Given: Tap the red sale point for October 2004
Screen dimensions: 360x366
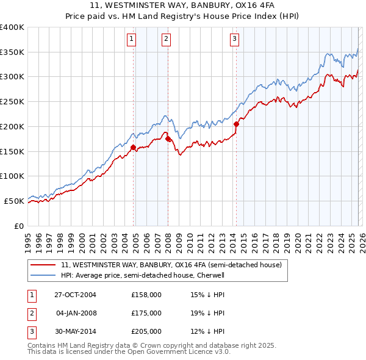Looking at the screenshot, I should point(133,146).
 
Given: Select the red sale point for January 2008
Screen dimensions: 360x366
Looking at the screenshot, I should point(168,139).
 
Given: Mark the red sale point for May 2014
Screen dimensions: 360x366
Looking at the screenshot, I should point(236,124).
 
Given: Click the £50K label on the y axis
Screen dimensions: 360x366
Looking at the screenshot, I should point(14,201).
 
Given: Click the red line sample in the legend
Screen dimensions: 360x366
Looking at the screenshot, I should point(43,265).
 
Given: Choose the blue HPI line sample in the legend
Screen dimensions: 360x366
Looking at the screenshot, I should point(43,275).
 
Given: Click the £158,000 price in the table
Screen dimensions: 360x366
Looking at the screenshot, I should point(146,294).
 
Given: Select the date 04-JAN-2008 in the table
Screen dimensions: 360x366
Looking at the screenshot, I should point(76,313).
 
